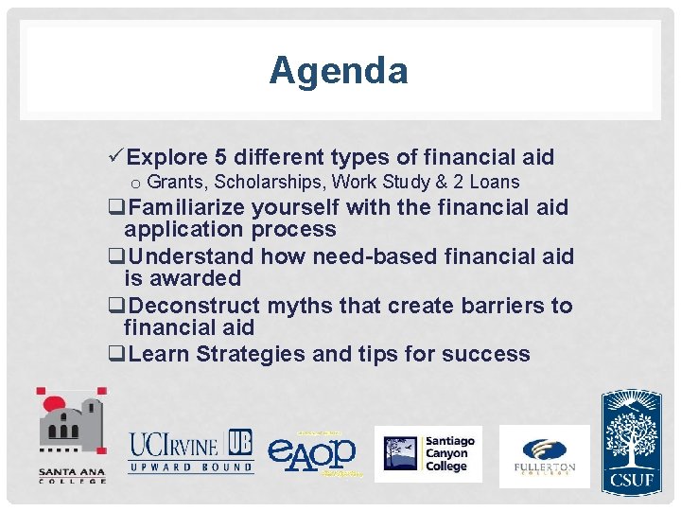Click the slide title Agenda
(338, 71)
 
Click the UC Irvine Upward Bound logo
(190, 450)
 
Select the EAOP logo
(312, 452)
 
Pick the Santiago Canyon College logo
(428, 453)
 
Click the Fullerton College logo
(544, 455)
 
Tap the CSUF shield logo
(631, 441)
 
